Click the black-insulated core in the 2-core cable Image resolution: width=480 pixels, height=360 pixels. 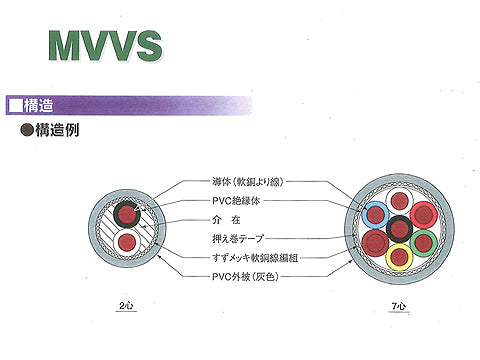126,213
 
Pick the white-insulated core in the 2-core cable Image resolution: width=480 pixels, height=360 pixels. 126,243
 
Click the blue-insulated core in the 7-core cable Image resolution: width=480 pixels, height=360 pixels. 376,213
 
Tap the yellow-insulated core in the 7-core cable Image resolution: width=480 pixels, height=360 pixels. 400,256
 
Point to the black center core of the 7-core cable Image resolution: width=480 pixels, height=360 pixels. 400,228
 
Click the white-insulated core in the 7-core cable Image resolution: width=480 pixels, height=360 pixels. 400,200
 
